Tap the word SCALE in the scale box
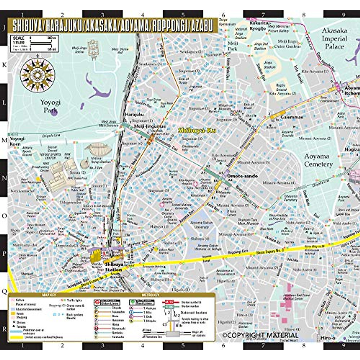point(19,38)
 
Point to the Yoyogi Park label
point(50,106)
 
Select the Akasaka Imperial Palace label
point(334,39)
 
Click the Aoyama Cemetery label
point(318,160)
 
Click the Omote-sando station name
point(242,176)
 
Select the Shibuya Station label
point(114,267)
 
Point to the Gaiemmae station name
point(292,117)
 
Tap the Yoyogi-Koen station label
point(17,141)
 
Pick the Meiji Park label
point(233,46)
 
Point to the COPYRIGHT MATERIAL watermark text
point(260,335)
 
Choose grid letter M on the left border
point(4,140)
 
